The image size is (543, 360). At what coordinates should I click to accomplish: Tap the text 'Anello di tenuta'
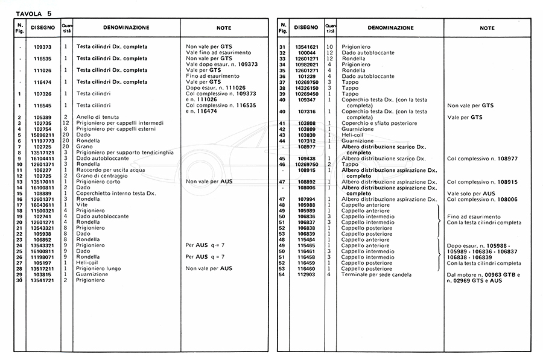(96, 117)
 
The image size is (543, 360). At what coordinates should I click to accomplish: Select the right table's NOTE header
(487, 28)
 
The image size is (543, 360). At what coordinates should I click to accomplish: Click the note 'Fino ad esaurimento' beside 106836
(474, 216)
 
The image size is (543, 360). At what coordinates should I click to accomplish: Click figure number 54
(282, 275)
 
